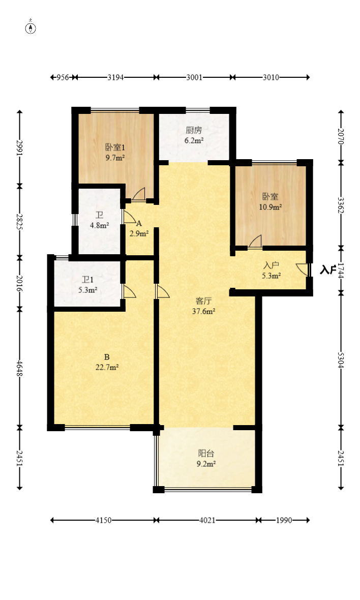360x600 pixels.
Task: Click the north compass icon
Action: click(31, 28)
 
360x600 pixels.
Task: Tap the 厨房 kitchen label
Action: click(194, 129)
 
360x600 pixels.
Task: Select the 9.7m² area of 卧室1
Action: click(115, 158)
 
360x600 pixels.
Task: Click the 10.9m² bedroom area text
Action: click(271, 207)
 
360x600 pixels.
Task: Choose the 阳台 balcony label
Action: click(206, 454)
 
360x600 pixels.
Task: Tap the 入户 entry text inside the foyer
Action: click(272, 265)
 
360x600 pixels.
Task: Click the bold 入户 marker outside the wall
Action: click(328, 269)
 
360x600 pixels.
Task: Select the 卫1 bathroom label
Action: click(88, 280)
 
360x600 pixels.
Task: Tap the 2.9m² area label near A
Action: click(139, 233)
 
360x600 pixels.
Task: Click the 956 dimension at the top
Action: click(62, 77)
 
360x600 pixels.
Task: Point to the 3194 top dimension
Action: click(115, 77)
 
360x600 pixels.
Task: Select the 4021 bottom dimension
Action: click(207, 520)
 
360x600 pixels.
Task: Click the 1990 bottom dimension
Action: click(284, 520)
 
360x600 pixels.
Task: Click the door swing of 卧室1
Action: click(139, 194)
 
